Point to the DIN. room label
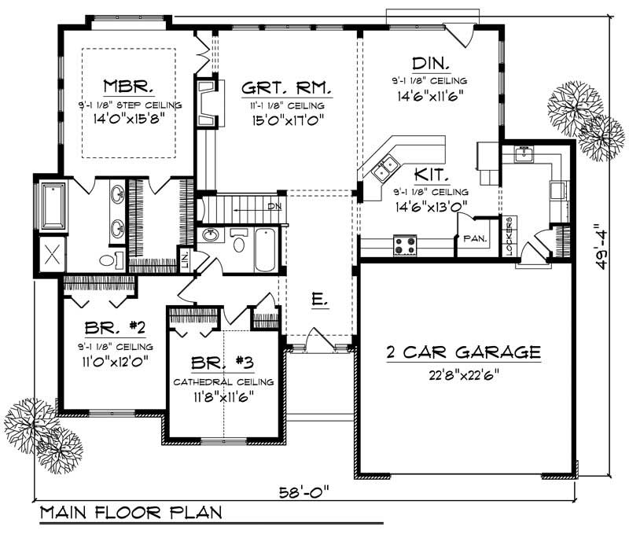pyautogui.click(x=430, y=63)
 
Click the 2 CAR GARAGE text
pyautogui.click(x=465, y=352)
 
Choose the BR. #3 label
pyautogui.click(x=223, y=364)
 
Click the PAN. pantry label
pyautogui.click(x=475, y=238)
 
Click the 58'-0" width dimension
pyautogui.click(x=303, y=492)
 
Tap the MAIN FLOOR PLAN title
pyautogui.click(x=131, y=513)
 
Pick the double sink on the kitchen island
pyautogui.click(x=386, y=168)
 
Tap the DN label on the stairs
pyautogui.click(x=274, y=206)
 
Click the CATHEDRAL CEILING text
pyautogui.click(x=223, y=382)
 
